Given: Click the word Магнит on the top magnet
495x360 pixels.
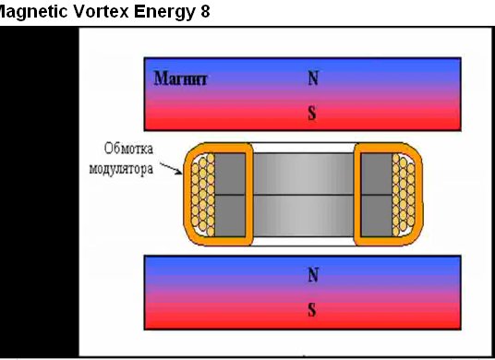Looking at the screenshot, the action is (181, 78).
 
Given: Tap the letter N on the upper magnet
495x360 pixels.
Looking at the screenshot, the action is (313, 78).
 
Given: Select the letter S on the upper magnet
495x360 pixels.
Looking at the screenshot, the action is (312, 113).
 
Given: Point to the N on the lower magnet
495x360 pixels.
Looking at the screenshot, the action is (313, 275).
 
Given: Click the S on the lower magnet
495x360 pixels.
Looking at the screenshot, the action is (312, 310).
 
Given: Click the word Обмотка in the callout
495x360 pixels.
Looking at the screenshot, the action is (128, 149).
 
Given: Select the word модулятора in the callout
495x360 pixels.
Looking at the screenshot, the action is (121, 169).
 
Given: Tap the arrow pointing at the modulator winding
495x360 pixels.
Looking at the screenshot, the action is (171, 168).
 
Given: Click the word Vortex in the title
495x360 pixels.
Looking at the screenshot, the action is (102, 12).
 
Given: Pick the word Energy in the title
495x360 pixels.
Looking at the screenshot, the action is (164, 13).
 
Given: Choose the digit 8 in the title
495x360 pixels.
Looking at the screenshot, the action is (205, 12).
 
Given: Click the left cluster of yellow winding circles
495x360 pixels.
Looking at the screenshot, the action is (202, 195).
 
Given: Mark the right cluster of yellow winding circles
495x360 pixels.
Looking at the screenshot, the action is (404, 195).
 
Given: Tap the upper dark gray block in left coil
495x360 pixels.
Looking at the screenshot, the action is (230, 174).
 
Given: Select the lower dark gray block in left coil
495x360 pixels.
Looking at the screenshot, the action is (230, 216).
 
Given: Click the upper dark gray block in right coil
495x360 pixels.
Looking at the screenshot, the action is (377, 174).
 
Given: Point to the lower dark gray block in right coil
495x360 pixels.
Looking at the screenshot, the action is (377, 216).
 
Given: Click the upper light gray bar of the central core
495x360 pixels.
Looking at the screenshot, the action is (304, 174).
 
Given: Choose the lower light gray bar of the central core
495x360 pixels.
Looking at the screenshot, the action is (304, 216).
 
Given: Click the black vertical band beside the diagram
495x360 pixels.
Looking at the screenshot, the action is (39, 192).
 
